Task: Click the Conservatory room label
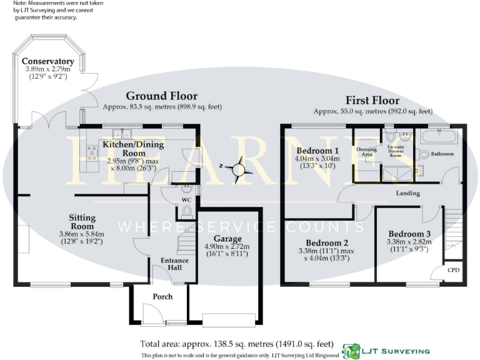48,61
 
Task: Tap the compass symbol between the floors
239,168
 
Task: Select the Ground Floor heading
161,96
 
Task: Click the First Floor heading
372,100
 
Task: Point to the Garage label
227,238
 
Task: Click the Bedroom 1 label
317,151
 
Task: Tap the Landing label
407,193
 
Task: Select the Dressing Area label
366,152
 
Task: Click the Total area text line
236,344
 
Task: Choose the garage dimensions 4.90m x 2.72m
227,246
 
